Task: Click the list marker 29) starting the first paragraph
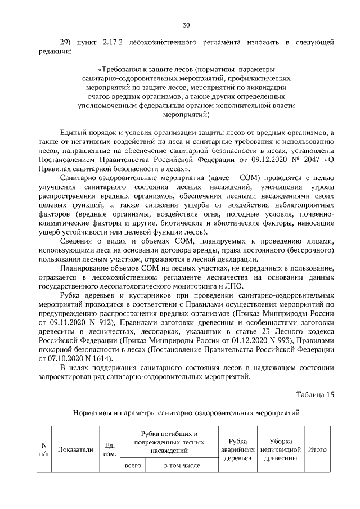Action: point(65,42)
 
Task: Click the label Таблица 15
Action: point(316,394)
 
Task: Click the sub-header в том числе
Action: point(182,466)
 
